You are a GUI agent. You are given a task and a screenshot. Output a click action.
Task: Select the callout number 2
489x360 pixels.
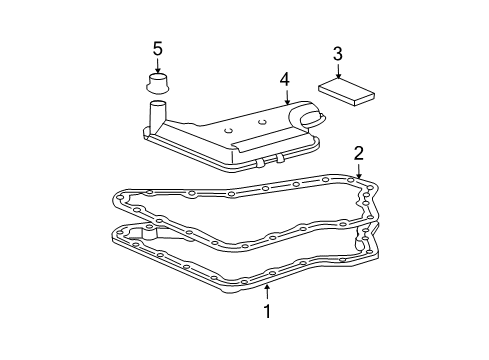point(358,153)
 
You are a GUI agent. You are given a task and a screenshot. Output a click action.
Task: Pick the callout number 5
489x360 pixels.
point(157,48)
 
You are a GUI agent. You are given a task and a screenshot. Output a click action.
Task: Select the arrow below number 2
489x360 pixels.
point(358,173)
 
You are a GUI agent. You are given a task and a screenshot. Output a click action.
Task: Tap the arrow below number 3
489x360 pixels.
point(338,72)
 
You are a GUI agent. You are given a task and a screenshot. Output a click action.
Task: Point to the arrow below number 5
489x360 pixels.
point(157,67)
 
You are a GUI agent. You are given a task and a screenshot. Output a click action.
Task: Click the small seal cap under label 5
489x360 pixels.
point(157,82)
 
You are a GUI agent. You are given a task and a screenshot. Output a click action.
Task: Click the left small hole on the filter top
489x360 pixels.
point(228,129)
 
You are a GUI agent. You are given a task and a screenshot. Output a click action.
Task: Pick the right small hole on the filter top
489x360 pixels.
point(261,122)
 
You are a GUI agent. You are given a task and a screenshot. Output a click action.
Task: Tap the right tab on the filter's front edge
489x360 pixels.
point(283,157)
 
